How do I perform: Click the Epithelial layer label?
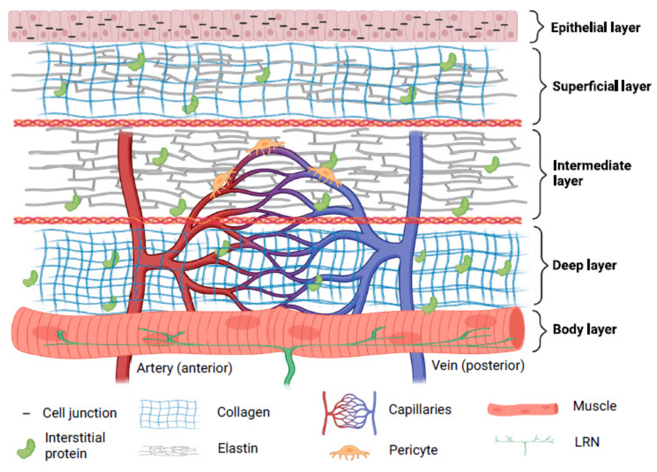point(595,28)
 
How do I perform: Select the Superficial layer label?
point(601,86)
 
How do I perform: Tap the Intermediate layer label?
point(591,173)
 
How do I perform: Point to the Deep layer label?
point(584,265)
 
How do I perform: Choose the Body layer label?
point(584,329)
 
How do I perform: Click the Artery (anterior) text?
point(185,368)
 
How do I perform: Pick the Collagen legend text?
point(243,412)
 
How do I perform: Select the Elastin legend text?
point(238,448)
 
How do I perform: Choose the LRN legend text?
point(587,442)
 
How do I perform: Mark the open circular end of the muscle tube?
point(517,328)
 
